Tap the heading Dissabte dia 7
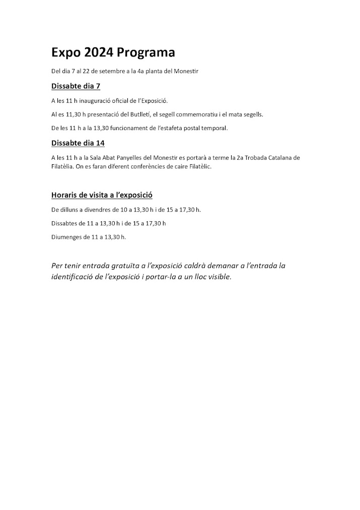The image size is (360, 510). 76,86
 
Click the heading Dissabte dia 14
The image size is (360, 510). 78,143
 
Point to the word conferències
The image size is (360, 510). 135,166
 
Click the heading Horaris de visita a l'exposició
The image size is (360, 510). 102,195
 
